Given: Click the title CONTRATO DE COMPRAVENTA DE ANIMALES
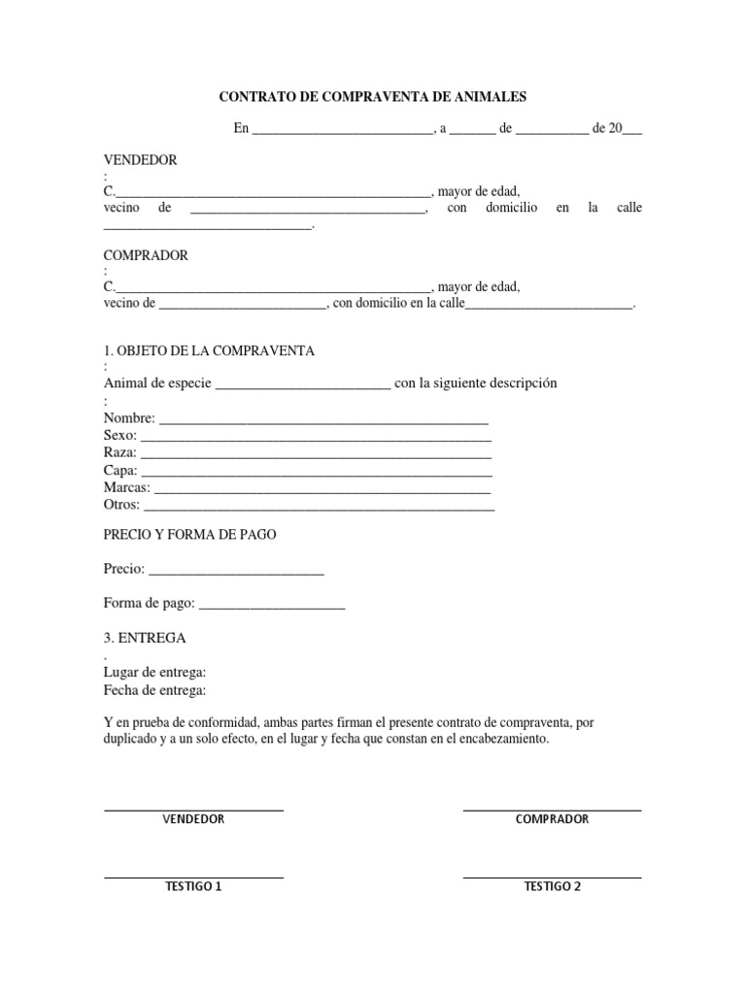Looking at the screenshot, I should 372,97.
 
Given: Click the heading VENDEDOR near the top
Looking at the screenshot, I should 140,159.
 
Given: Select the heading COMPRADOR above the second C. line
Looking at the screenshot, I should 146,255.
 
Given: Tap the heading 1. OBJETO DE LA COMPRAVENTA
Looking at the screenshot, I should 209,350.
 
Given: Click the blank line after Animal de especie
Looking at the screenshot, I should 302,385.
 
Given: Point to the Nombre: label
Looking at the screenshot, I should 128,418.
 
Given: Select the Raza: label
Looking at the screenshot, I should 120,453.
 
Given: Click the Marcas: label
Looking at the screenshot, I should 126,487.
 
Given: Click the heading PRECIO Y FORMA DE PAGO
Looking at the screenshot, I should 196,535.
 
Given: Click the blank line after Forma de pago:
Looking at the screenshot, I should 272,608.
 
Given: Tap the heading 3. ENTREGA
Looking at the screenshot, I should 145,639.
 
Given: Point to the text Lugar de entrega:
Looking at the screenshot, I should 154,673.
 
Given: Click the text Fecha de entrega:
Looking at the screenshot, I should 154,690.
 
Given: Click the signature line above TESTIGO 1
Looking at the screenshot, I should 193,878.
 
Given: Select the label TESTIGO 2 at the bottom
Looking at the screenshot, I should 552,886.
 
